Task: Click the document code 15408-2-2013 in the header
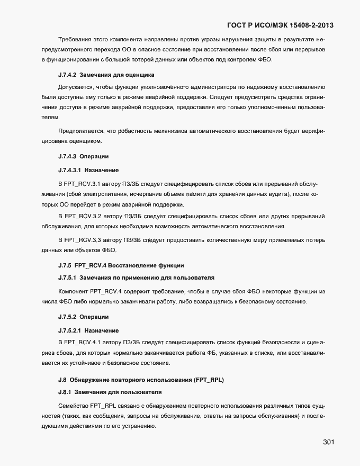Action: pos(309,25)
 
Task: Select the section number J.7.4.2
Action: pos(68,75)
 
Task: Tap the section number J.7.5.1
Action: pos(68,277)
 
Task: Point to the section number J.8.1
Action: pos(66,392)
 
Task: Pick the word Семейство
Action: pos(73,405)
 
